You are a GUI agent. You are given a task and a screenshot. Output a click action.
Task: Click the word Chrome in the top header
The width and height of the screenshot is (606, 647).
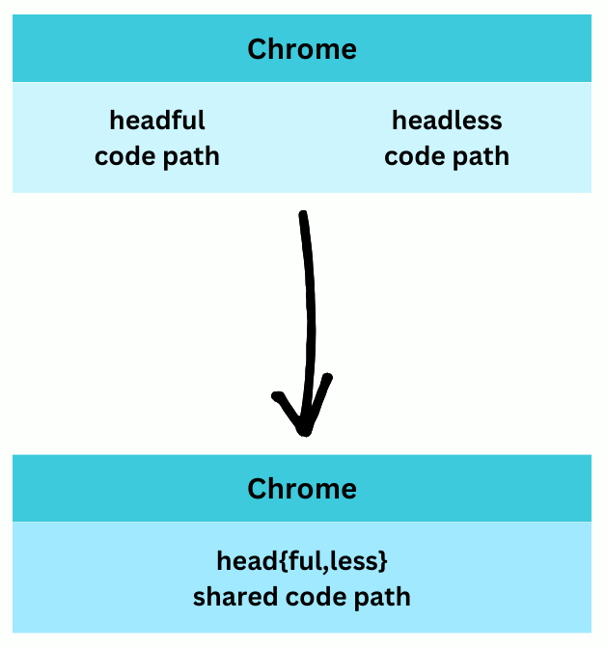coord(302,49)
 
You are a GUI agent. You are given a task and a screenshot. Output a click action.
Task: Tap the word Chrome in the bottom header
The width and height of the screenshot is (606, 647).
coord(302,488)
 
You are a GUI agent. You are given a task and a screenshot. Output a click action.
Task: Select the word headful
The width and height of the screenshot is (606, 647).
coord(157,121)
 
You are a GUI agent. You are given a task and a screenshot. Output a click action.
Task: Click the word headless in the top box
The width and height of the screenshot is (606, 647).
coord(447,121)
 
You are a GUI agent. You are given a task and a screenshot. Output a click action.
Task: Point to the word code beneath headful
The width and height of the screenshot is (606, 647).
coord(127,156)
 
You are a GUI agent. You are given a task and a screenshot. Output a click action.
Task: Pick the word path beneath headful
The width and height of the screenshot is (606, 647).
coord(191,156)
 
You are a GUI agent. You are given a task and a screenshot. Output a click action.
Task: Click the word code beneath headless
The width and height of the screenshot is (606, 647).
coord(417,156)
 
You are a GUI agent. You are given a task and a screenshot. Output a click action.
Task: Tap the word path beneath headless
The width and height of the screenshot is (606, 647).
coord(481,156)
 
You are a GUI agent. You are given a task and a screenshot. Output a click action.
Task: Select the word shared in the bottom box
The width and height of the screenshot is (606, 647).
coord(231,597)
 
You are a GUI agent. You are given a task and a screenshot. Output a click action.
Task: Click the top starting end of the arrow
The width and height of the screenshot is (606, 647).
coord(303,214)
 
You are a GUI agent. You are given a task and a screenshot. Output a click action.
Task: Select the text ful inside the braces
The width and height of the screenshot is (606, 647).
coord(292,561)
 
